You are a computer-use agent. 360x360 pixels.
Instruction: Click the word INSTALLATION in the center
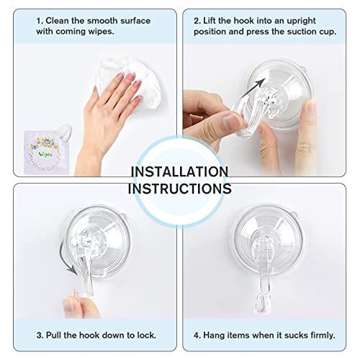pyautogui.click(x=179, y=172)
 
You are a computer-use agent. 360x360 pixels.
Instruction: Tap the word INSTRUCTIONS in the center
pyautogui.click(x=179, y=188)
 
